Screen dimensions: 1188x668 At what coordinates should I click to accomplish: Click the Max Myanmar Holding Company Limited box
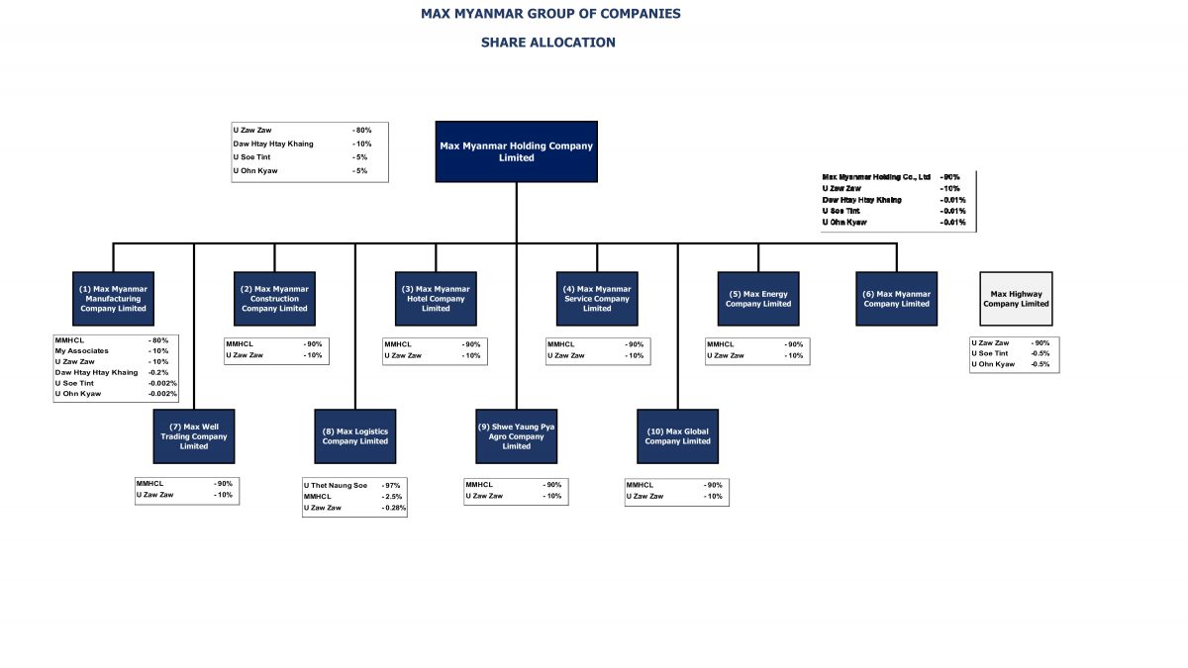coord(516,151)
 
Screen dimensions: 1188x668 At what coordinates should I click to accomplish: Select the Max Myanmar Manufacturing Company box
coord(113,299)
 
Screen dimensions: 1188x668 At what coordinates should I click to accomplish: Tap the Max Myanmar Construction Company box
coord(274,299)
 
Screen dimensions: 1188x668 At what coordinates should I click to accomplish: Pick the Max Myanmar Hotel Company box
coord(436,299)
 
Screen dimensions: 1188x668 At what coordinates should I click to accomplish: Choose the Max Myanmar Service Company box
coord(597,299)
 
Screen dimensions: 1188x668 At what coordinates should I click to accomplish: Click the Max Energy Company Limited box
coord(758,299)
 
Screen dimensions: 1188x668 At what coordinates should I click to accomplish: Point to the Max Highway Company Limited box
coord(1016,299)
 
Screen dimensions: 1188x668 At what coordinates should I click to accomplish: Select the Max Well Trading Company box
coord(194,436)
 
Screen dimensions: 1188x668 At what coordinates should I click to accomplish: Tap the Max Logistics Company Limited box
coord(354,436)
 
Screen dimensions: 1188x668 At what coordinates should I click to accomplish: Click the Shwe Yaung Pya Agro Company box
coord(516,436)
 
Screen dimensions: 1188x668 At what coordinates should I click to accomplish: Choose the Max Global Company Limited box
coord(677,436)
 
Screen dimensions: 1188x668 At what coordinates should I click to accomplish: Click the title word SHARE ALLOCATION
coord(547,43)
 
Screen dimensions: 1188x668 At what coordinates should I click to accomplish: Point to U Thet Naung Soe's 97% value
coord(391,485)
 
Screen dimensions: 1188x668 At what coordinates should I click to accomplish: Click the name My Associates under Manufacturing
coord(81,351)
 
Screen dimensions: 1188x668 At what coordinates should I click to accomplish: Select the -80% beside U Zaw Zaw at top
coord(361,130)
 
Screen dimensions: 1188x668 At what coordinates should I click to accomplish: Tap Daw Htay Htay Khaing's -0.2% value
coord(158,372)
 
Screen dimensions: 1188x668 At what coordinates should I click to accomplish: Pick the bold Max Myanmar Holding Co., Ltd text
coord(876,177)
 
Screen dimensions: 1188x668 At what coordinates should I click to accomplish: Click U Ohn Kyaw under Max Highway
coord(993,364)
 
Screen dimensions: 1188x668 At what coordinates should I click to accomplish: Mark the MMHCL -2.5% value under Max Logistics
coord(391,497)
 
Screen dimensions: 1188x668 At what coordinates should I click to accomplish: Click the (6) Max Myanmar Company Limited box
coord(896,299)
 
